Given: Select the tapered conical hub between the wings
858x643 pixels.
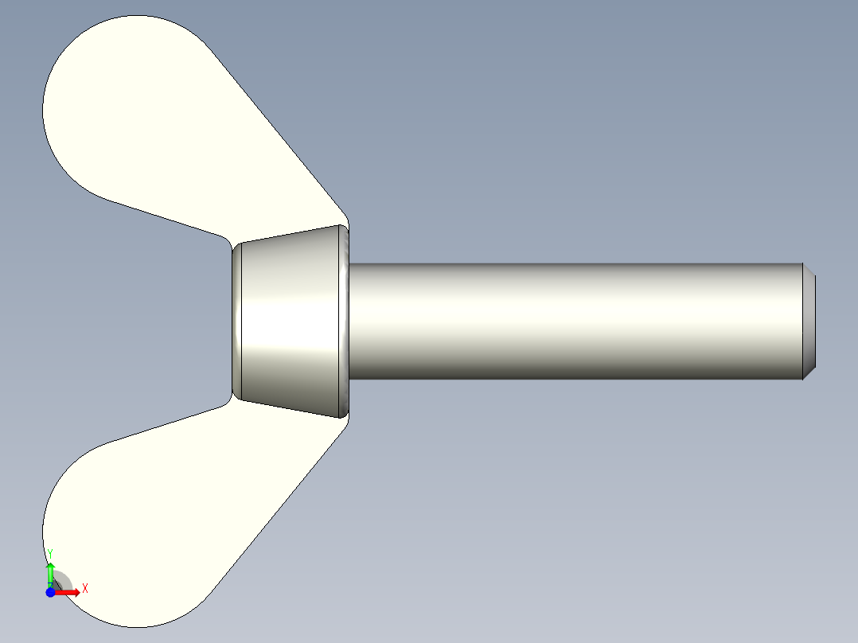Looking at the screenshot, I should [291, 322].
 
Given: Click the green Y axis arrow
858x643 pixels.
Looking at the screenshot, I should [50, 571].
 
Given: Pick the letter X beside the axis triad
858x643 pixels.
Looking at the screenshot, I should [85, 588].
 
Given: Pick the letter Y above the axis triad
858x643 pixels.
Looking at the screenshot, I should [50, 553].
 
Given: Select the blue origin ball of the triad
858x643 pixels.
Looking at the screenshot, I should [50, 592].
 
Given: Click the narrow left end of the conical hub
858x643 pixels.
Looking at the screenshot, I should [236, 322].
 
